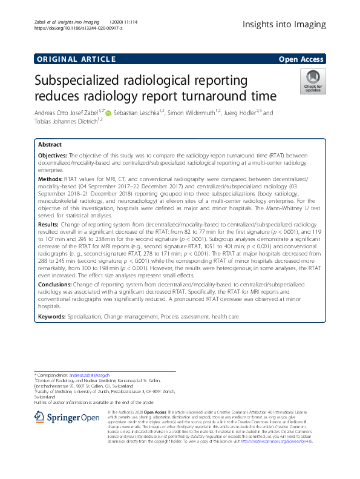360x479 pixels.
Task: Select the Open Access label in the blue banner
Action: pyautogui.click(x=302, y=59)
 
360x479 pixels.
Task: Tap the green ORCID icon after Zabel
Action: pyautogui.click(x=110, y=113)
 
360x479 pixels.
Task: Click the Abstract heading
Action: pyautogui.click(x=50, y=145)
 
